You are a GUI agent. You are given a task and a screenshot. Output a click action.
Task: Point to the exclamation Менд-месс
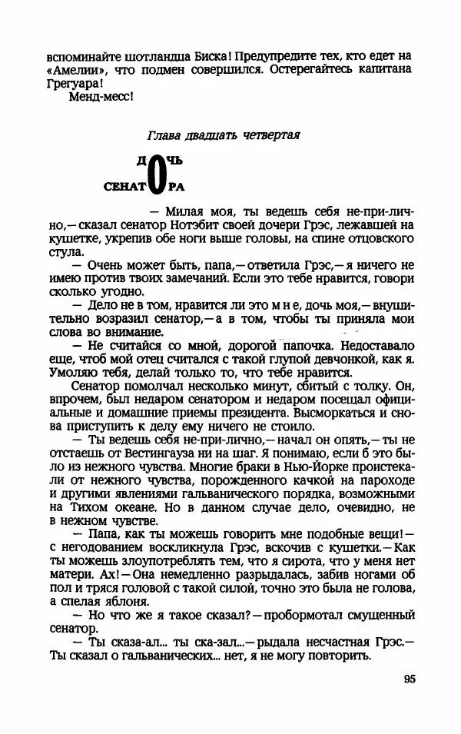(101, 97)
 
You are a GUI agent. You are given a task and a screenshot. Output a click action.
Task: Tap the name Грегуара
(75, 83)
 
